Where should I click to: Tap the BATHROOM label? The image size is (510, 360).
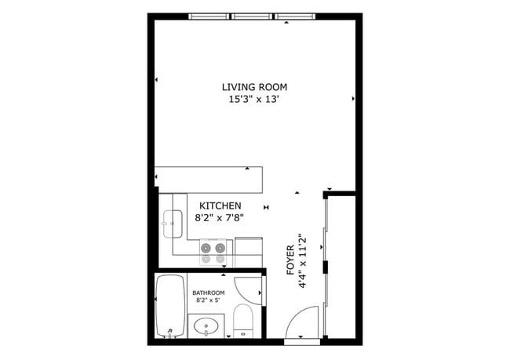click(x=208, y=293)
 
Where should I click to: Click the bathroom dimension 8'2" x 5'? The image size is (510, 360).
click(x=208, y=300)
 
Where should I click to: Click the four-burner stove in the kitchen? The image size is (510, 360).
click(x=215, y=251)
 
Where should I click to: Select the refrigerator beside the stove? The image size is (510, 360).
click(x=249, y=251)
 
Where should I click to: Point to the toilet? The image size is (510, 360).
click(x=243, y=322)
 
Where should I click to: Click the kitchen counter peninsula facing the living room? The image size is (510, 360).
click(x=208, y=180)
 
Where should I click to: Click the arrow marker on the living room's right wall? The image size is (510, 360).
click(x=354, y=99)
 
